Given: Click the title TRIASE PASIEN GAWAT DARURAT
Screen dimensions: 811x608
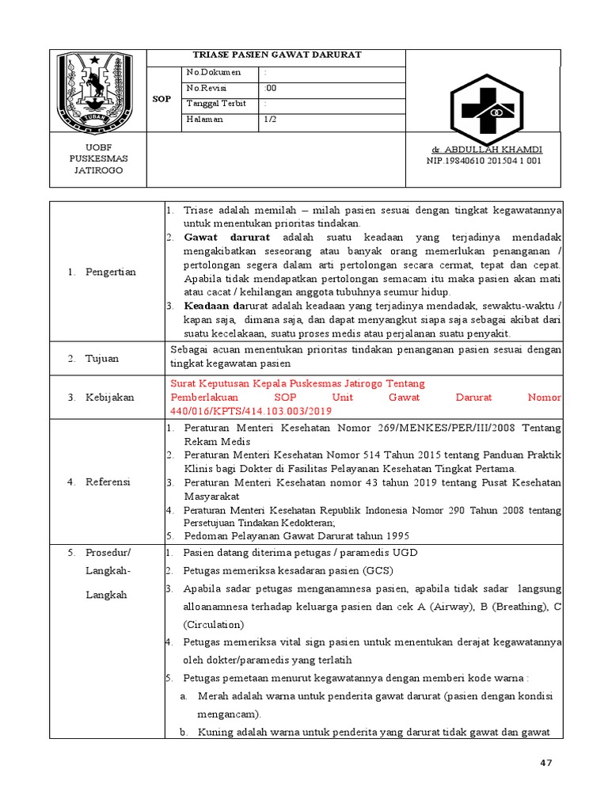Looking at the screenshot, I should point(277,55).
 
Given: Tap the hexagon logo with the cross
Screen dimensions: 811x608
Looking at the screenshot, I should point(482,110).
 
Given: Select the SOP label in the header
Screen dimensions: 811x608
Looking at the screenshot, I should point(161,99).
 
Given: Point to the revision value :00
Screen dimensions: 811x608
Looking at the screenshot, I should point(270,88).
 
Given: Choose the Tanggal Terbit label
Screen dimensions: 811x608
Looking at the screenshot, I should point(215,104).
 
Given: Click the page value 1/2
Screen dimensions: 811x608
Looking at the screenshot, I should point(271,119).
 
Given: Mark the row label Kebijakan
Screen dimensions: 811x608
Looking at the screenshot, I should point(110,397).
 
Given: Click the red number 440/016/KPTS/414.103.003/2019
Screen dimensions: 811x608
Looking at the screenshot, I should point(251,412).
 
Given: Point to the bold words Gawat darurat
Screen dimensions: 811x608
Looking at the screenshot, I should point(227,238).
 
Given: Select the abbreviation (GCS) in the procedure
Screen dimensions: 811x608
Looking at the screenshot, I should point(378,570).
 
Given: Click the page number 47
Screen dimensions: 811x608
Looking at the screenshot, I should point(545,763).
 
